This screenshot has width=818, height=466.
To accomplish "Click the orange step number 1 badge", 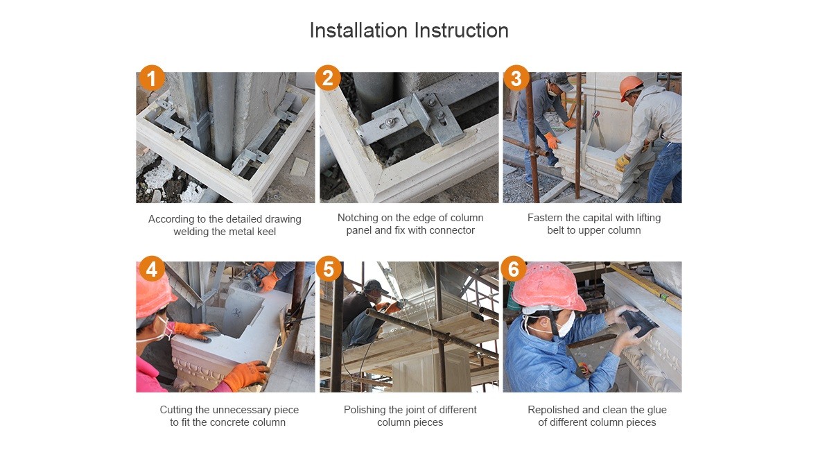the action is click(151, 78).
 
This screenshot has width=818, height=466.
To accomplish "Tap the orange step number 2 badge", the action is click(328, 78).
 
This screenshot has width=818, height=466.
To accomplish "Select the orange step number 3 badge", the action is click(516, 78).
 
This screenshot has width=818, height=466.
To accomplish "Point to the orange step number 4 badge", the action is click(151, 269).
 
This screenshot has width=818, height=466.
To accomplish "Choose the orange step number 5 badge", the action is click(328, 269).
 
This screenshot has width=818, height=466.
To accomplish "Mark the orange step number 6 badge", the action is click(514, 269).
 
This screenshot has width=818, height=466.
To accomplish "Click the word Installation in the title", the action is click(358, 31).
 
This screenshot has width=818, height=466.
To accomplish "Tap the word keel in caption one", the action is click(266, 232).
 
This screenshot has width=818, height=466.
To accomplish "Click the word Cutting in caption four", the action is click(177, 410).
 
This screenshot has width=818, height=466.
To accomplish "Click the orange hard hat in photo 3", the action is click(631, 87).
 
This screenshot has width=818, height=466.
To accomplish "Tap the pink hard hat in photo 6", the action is click(547, 287).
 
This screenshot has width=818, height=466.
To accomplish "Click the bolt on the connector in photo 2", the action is click(390, 122).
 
